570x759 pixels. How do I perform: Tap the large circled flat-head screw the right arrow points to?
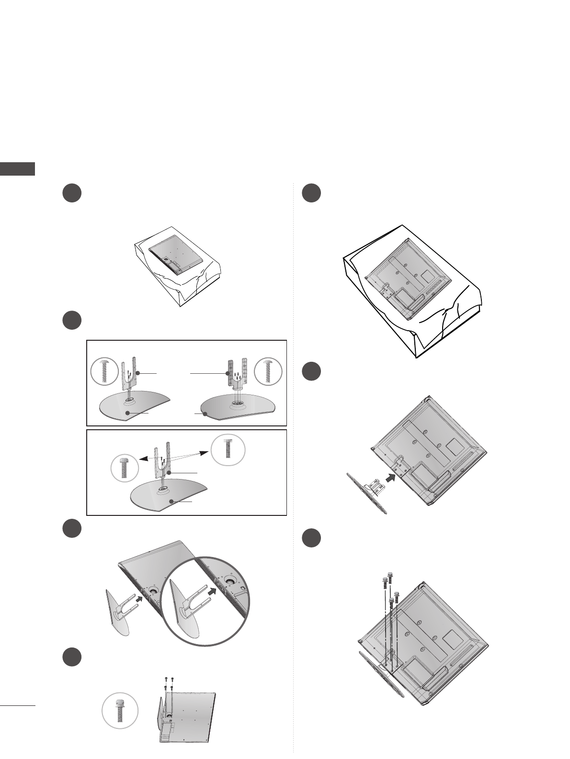tap(228, 449)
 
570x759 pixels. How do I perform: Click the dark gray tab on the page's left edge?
tap(17, 169)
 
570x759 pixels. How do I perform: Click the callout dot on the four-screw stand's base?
tap(205, 414)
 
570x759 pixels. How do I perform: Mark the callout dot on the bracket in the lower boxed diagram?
tap(169, 472)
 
